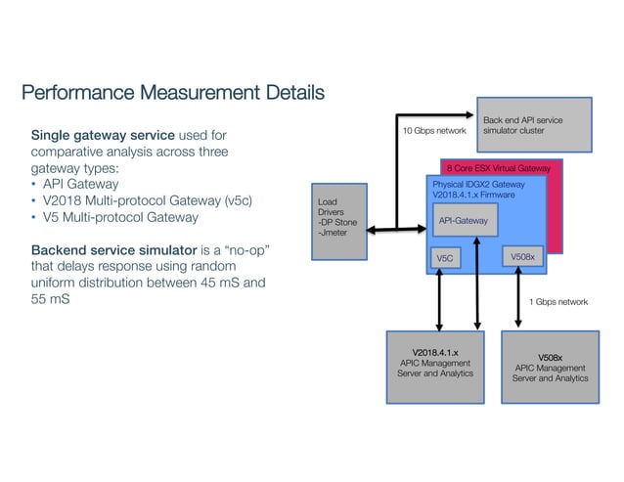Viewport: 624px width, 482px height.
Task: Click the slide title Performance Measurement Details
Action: coord(172,94)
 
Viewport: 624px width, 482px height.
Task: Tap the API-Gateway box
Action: coord(466,223)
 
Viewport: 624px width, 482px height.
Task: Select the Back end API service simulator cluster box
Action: coord(534,125)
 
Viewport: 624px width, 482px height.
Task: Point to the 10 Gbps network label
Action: coord(435,129)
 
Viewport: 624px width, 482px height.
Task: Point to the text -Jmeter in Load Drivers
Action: coord(333,233)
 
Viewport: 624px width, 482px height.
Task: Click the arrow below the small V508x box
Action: coord(516,297)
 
